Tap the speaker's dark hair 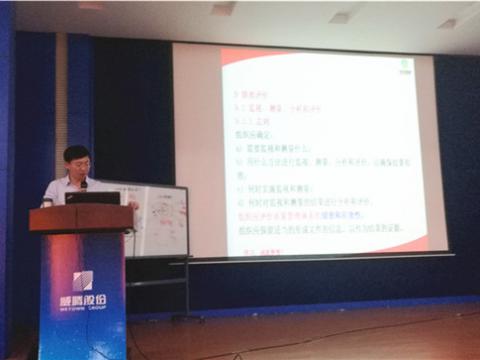76,152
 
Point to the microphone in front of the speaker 83,185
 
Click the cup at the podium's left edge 47,201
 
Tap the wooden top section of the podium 81,218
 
